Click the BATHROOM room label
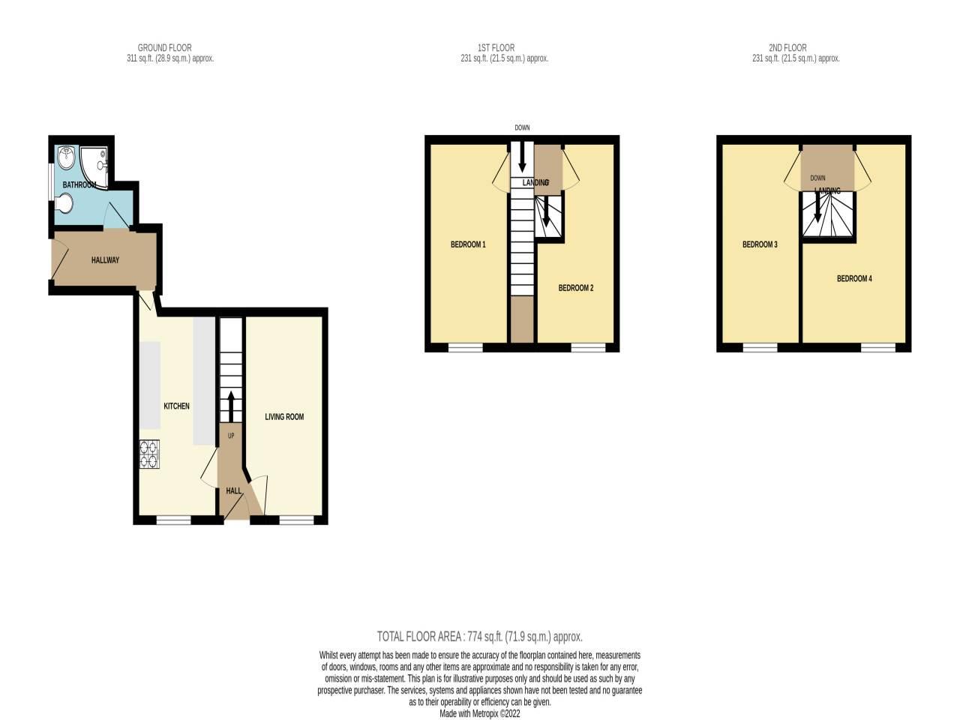[79, 184]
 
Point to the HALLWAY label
[105, 260]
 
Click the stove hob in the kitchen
[149, 454]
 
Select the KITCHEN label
[177, 406]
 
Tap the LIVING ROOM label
[284, 417]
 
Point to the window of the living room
[295, 519]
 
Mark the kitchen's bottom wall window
[173, 519]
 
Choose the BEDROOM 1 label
[468, 244]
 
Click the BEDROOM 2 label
[576, 288]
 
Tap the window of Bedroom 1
[466, 347]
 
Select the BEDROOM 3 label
[760, 244]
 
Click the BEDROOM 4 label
[854, 279]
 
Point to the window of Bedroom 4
[877, 347]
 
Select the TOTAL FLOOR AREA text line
[479, 637]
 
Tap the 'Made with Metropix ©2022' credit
[479, 714]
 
